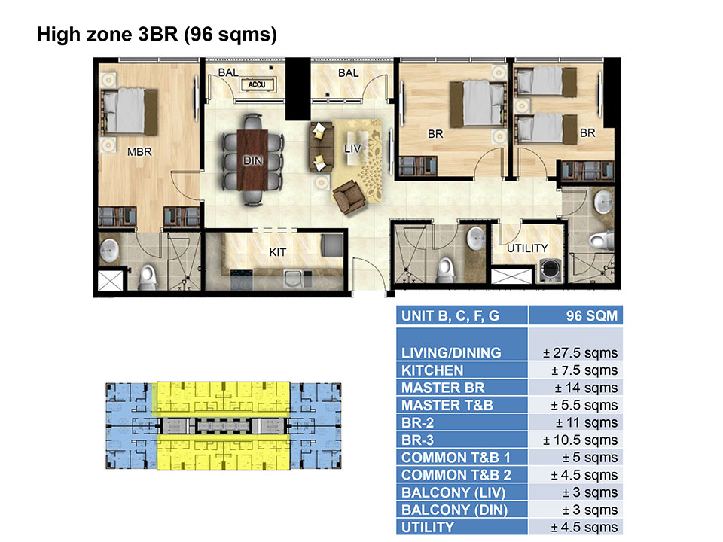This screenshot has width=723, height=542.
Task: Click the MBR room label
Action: point(139,151)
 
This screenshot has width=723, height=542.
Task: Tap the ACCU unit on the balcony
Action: point(258,84)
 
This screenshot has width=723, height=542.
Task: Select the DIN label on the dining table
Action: point(253,160)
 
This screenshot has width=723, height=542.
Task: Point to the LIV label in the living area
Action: point(352,148)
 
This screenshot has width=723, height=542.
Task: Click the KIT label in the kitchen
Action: point(278,252)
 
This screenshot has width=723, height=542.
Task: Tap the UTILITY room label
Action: point(527,248)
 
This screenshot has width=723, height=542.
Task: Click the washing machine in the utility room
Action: point(551,270)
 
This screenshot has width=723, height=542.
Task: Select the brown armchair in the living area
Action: point(350,197)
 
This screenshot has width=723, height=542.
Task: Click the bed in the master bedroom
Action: point(130,111)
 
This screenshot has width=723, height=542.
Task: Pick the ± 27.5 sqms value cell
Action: point(580,352)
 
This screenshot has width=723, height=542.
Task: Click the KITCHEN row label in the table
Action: point(432,370)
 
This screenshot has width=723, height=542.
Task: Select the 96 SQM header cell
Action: point(592,315)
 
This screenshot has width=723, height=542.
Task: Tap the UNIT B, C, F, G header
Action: point(450,315)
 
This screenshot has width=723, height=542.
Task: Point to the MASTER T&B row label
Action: point(447,405)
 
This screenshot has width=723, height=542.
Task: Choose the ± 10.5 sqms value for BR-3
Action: point(580,440)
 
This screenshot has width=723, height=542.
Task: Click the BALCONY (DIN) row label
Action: point(454,510)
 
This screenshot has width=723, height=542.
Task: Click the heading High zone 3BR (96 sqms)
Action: point(157,35)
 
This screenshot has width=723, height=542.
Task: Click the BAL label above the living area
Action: point(348,73)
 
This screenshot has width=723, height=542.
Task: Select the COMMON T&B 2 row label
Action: point(456,475)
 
